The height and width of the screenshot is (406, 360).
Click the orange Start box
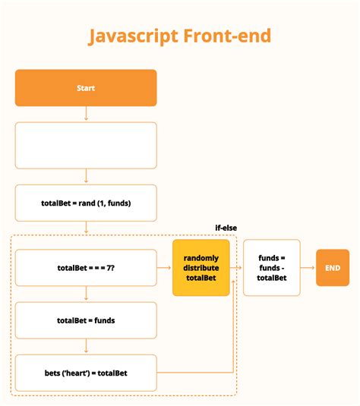coord(86,88)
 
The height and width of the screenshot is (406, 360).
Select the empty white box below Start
coord(86,145)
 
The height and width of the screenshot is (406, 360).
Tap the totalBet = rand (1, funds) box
coord(86,203)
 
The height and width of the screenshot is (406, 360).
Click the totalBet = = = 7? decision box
coord(86,268)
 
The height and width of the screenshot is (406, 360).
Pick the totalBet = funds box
coord(86,320)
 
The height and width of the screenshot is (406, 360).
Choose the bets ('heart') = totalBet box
coord(86,373)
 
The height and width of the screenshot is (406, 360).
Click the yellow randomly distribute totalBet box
coord(201,268)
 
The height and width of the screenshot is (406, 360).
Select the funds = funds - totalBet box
coord(271,268)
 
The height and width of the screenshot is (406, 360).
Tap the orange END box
coord(333,268)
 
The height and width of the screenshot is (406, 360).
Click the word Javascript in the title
coord(132,36)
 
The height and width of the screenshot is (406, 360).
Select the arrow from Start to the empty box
coord(86,114)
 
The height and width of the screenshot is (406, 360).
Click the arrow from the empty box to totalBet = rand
coord(86,176)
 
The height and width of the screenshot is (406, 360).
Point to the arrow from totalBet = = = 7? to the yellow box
coord(164,268)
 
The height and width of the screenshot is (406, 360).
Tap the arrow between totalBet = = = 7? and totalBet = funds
coord(86,294)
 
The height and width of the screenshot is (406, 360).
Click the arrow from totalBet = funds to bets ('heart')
coord(86,346)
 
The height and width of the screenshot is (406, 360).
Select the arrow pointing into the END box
coord(308,268)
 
